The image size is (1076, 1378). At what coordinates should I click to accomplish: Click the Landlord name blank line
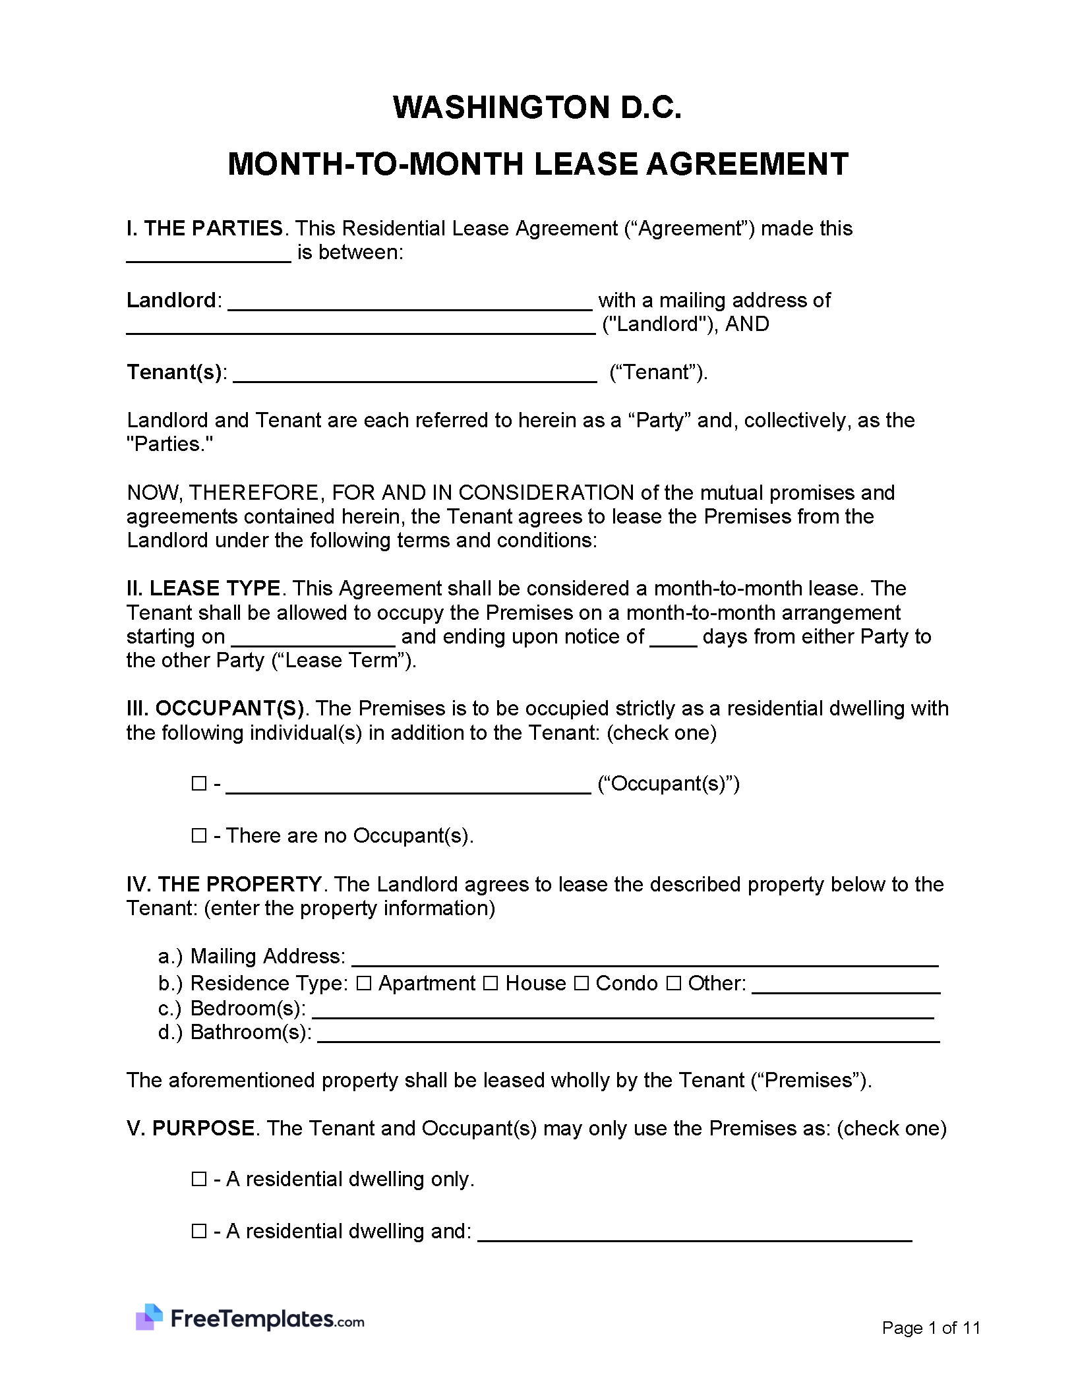coord(409,303)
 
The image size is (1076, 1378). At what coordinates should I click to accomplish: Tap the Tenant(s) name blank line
coord(415,375)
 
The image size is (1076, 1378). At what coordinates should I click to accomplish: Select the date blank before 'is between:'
coord(208,256)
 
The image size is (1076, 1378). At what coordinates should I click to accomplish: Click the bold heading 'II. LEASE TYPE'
coord(204,588)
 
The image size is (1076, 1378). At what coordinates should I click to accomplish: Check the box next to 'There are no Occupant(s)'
coord(198,835)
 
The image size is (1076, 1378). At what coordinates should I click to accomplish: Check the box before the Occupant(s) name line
coord(198,783)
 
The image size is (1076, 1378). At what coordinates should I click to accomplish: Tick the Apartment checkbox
coord(364,984)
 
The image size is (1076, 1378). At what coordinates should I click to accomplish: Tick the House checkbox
coord(490,984)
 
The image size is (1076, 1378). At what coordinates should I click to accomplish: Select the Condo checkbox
coord(581,984)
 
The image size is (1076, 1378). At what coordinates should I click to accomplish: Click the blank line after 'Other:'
coord(846,987)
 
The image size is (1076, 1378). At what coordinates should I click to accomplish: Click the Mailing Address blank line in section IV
coord(645,960)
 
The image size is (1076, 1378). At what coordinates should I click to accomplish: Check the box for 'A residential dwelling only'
coord(198,1179)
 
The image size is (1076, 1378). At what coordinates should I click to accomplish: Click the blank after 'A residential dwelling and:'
coord(694,1235)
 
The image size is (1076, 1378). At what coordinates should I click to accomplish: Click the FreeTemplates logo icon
coord(150,1317)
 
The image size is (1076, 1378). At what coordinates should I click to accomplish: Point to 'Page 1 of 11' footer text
coord(930,1327)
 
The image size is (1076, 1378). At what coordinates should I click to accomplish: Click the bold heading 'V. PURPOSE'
coord(191,1128)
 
